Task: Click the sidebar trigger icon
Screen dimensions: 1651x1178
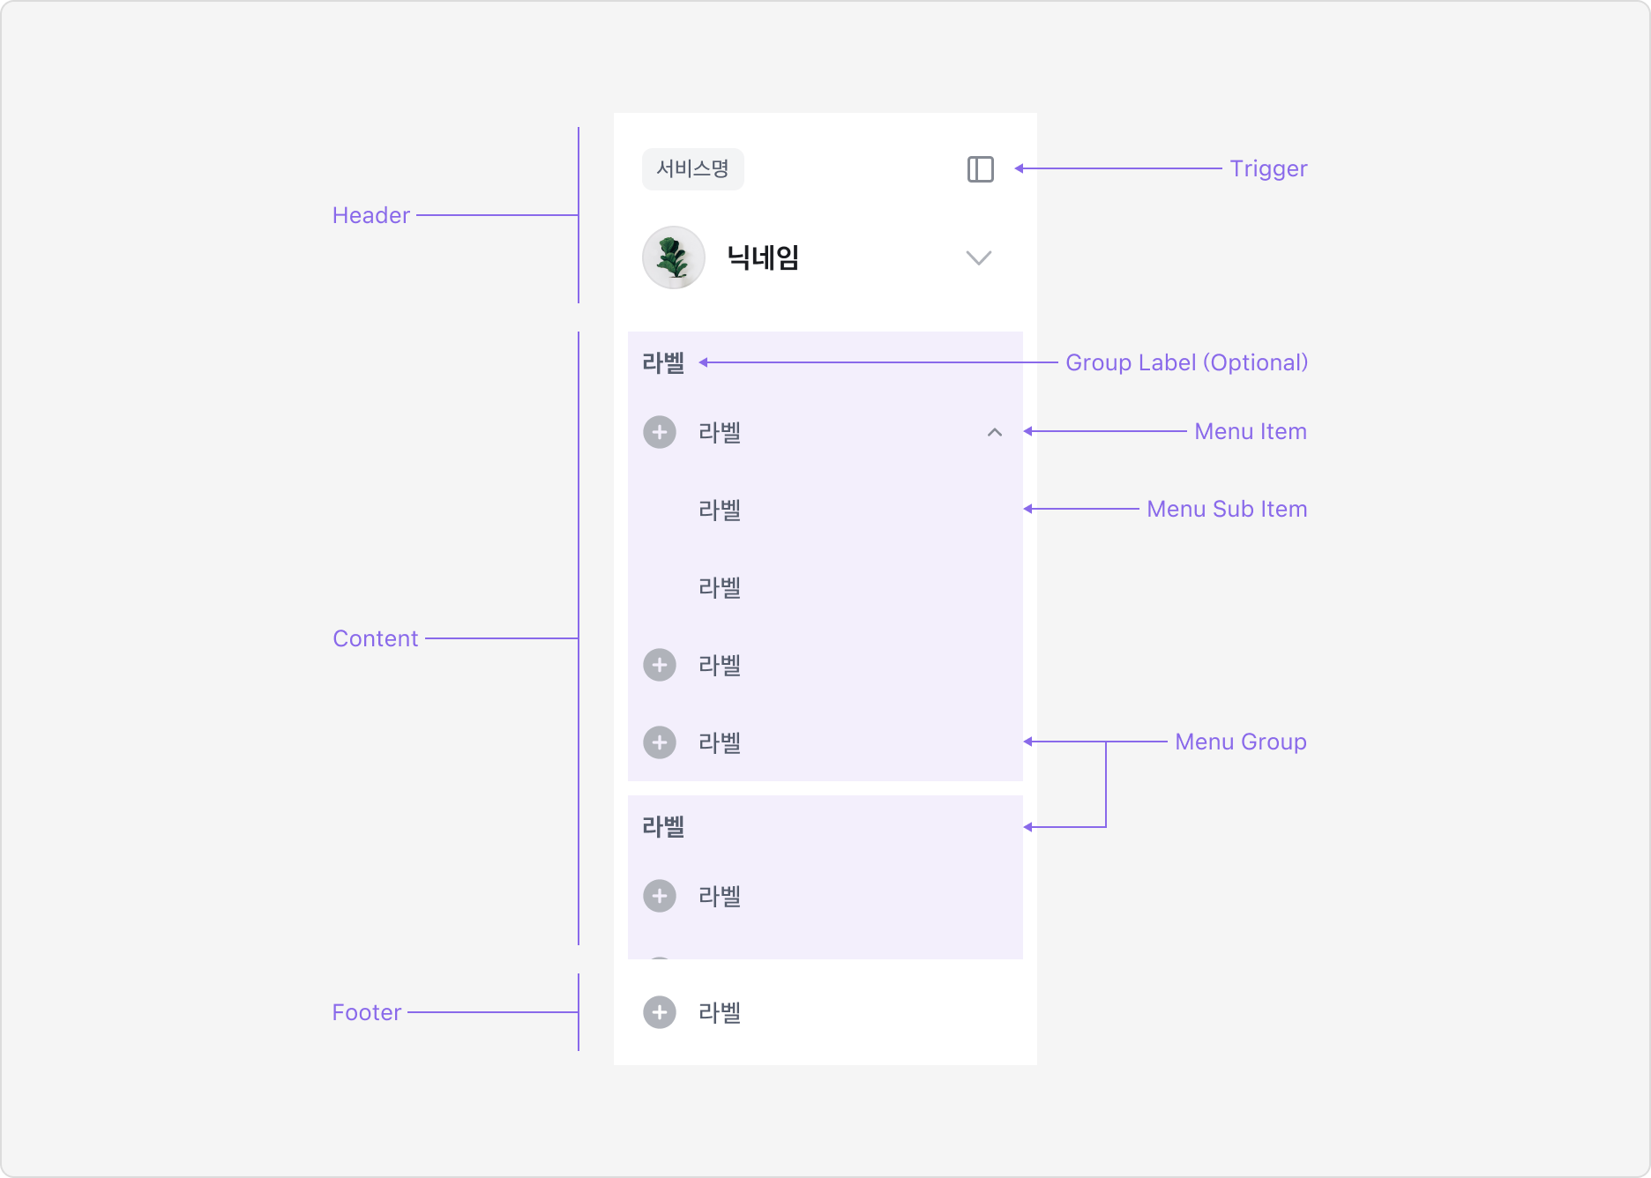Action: [x=980, y=169]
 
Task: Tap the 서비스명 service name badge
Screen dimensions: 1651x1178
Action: [x=693, y=169]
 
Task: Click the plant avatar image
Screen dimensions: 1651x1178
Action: [x=674, y=257]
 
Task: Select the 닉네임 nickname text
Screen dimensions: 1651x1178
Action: [x=763, y=257]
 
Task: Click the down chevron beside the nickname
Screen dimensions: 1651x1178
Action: [x=979, y=257]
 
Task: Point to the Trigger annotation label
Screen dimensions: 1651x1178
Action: [x=1268, y=168]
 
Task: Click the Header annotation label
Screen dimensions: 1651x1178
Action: [x=371, y=215]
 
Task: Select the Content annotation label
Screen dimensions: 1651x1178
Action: [x=376, y=638]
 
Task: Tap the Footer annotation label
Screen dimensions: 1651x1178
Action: [x=367, y=1012]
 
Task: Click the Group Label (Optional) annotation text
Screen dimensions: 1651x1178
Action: [x=1186, y=362]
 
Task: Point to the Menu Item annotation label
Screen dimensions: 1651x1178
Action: [x=1251, y=431]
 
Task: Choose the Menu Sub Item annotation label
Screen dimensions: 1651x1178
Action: [x=1227, y=509]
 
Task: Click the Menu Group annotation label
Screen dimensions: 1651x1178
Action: [x=1241, y=742]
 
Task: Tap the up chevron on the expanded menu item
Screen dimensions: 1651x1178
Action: [x=995, y=432]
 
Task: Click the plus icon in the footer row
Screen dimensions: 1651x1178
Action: [x=660, y=1012]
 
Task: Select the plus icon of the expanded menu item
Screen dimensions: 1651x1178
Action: [x=660, y=432]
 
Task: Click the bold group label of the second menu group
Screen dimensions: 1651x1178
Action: [x=663, y=826]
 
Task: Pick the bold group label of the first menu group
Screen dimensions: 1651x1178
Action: [x=663, y=362]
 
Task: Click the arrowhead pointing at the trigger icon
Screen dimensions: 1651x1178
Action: [x=1019, y=168]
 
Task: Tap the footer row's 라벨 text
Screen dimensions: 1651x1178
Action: [x=720, y=1012]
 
